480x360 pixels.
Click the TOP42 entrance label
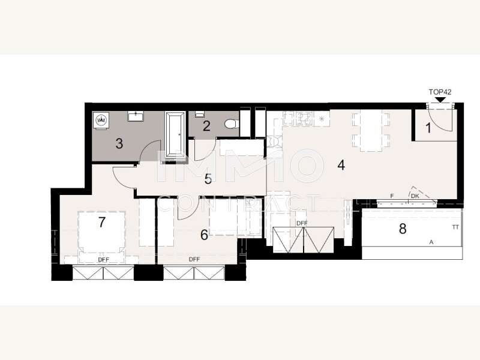pyautogui.click(x=440, y=92)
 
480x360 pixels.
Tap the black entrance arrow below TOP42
pyautogui.click(x=440, y=100)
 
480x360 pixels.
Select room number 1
pyautogui.click(x=428, y=128)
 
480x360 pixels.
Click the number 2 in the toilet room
pyautogui.click(x=206, y=126)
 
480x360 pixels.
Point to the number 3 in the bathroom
pyautogui.click(x=119, y=143)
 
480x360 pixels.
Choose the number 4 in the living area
pyautogui.click(x=341, y=165)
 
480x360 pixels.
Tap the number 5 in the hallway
pyautogui.click(x=208, y=179)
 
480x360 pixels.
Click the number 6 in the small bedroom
pyautogui.click(x=204, y=235)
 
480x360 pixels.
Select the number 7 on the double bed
pyautogui.click(x=102, y=222)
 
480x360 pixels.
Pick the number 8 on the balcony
pyautogui.click(x=403, y=229)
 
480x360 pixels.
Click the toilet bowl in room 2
pyautogui.click(x=230, y=124)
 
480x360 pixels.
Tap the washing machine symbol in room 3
pyautogui.click(x=101, y=120)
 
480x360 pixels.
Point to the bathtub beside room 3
pyautogui.click(x=175, y=134)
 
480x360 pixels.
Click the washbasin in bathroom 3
pyautogui.click(x=136, y=116)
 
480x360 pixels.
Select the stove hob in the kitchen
pyautogui.click(x=304, y=119)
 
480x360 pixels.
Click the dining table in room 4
pyautogui.click(x=371, y=130)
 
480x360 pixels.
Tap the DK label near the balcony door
pyautogui.click(x=415, y=196)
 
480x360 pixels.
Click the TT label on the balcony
pyautogui.click(x=455, y=227)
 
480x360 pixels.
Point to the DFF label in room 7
pyautogui.click(x=103, y=260)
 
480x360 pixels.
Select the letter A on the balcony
pyautogui.click(x=431, y=242)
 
